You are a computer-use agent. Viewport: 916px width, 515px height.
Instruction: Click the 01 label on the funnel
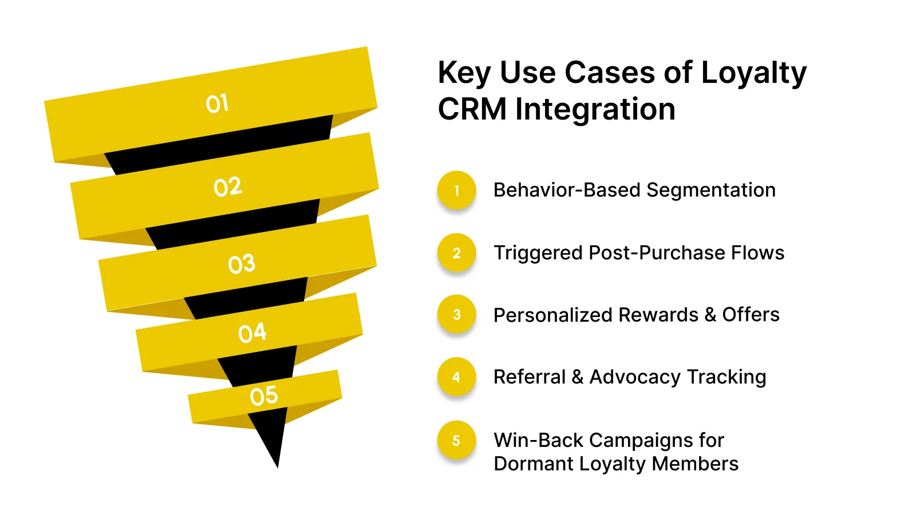point(217,104)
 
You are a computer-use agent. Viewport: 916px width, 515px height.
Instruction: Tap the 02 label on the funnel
point(228,187)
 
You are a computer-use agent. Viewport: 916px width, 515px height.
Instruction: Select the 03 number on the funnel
point(241,264)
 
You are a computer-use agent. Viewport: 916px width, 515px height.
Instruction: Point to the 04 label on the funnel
point(252,332)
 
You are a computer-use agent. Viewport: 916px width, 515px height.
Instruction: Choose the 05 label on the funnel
point(264,396)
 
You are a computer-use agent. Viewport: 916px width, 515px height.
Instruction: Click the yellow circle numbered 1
point(456,191)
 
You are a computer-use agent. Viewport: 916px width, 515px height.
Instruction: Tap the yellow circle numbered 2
point(456,253)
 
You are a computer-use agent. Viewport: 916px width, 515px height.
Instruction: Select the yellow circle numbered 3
point(456,315)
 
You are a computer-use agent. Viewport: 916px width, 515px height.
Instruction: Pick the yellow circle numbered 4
point(456,377)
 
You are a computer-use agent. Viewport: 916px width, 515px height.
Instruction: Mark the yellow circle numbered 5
point(456,441)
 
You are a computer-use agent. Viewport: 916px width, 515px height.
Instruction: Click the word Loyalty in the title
point(753,73)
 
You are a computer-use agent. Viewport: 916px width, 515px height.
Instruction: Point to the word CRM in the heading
point(472,109)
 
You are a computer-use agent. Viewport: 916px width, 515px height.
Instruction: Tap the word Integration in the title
point(595,109)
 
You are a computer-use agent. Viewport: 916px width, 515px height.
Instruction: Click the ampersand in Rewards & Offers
point(710,315)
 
